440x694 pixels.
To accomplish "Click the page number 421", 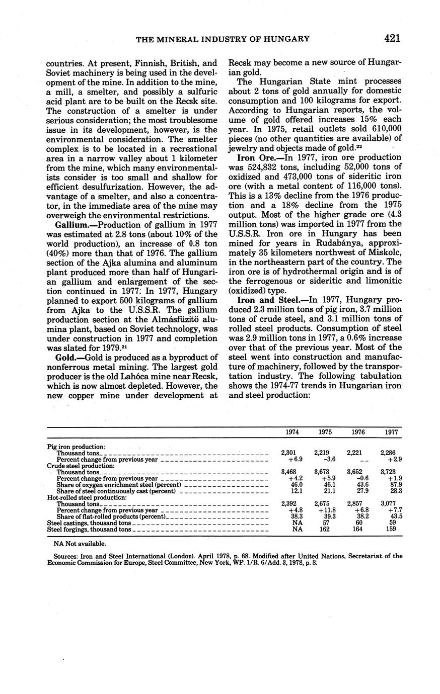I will click(392, 38).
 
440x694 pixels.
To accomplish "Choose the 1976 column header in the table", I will click(356, 432).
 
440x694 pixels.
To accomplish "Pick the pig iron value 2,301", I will click(289, 453).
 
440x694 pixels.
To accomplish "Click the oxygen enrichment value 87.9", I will click(391, 484).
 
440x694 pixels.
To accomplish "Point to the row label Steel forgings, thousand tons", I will click(89, 529).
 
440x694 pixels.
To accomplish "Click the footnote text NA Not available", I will click(80, 544).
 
